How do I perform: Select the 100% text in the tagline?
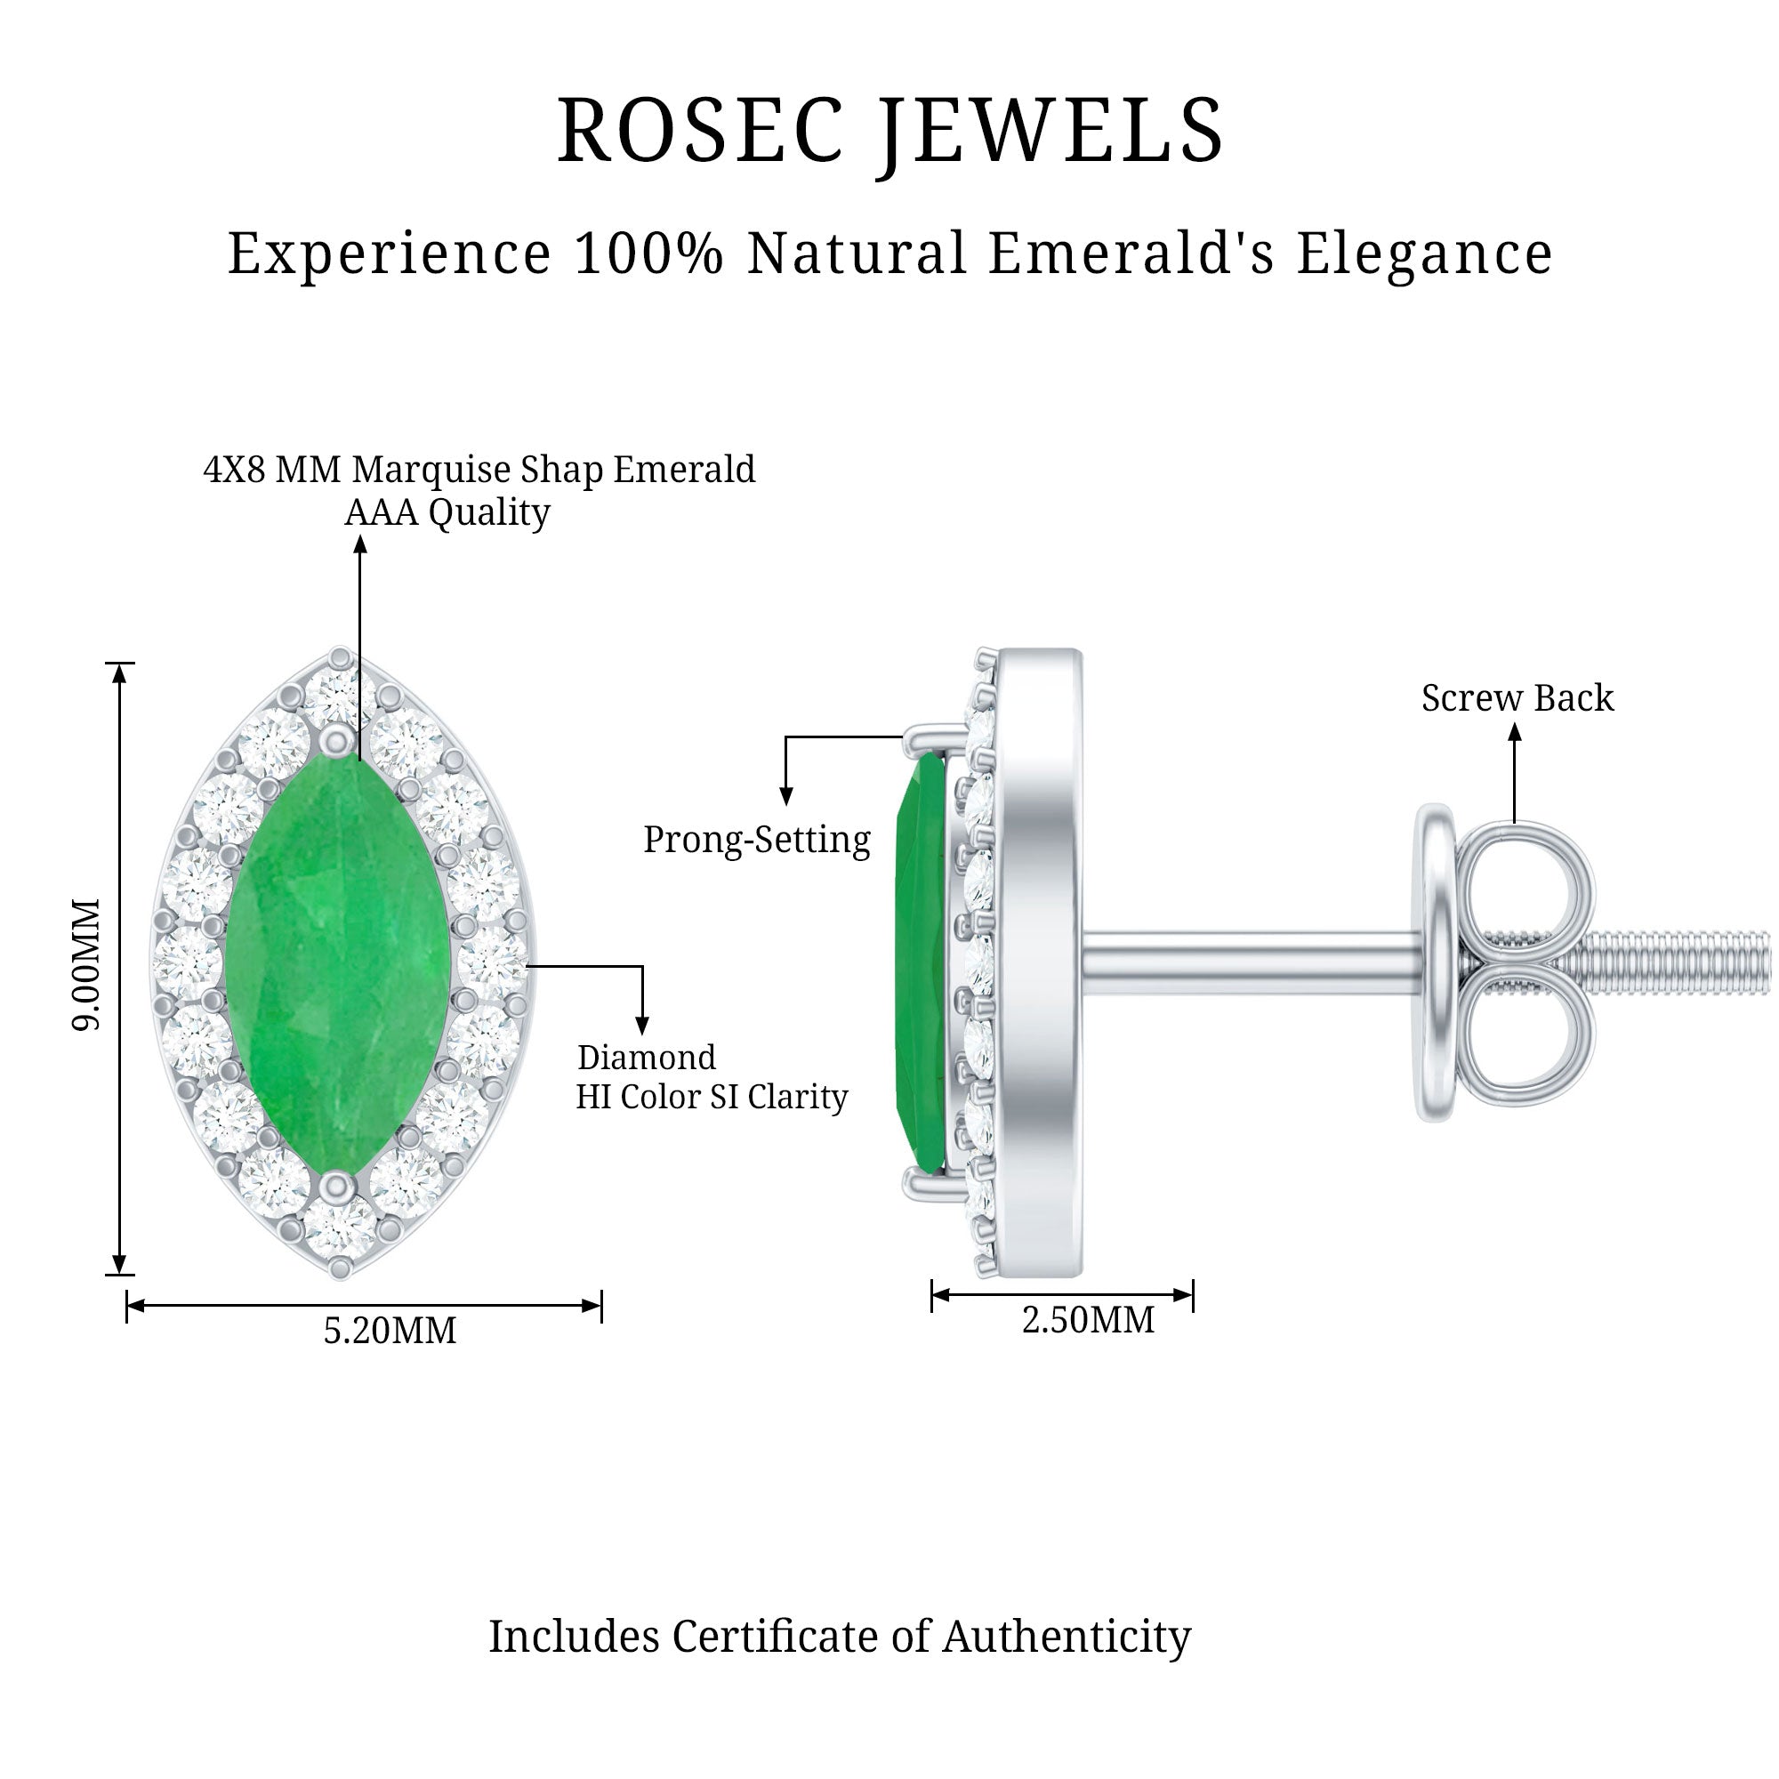coord(648,254)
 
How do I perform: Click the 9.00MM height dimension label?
coord(87,966)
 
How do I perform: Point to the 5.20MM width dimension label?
coord(390,1332)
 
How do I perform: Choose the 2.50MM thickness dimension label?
coord(1088,1320)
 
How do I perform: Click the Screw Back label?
coord(1517,698)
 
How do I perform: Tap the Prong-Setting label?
coord(756,840)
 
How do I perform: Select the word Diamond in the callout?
coord(647,1057)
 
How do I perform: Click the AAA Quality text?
coord(447,513)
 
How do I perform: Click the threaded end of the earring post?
coord(1676,962)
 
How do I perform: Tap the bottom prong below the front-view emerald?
coord(338,1186)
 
